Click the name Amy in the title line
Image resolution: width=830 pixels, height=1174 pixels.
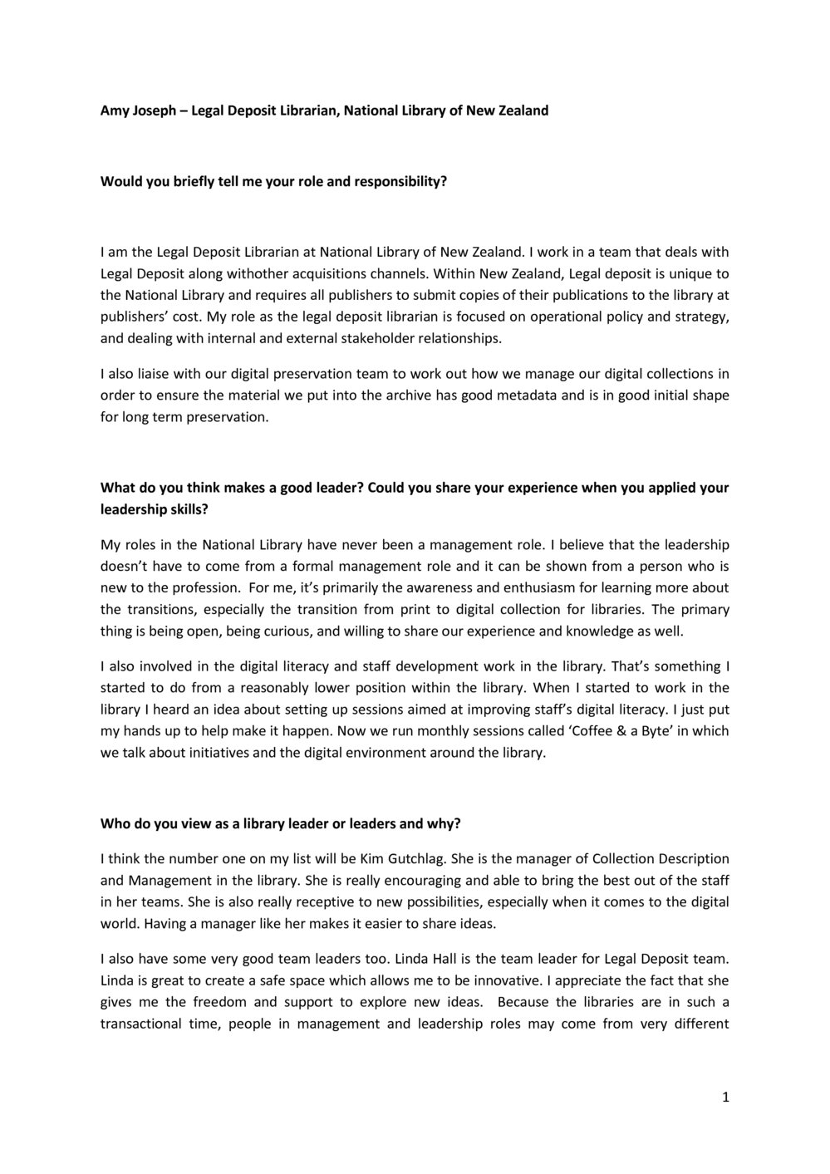click(x=114, y=110)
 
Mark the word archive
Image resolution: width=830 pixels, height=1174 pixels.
click(x=406, y=395)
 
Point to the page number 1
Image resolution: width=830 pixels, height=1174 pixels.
click(x=725, y=1097)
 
